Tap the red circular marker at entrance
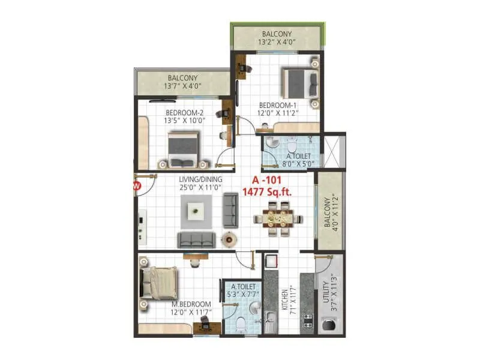[x=136, y=185]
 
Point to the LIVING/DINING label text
[x=200, y=179]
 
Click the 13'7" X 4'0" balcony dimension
[x=182, y=86]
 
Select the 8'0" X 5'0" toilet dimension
[x=294, y=163]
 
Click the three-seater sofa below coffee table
[x=196, y=239]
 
